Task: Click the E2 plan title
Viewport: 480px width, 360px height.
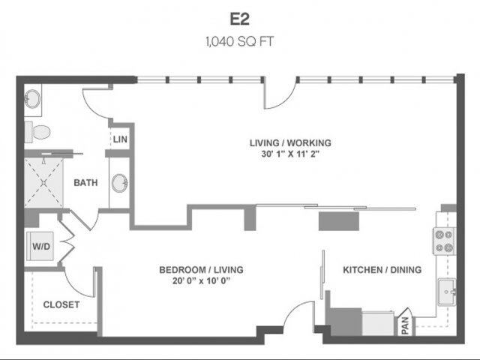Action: click(x=240, y=19)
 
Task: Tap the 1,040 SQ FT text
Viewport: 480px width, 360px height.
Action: click(x=240, y=41)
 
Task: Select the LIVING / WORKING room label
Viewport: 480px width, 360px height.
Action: click(x=290, y=143)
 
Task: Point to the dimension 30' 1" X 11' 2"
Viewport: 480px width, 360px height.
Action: click(x=290, y=154)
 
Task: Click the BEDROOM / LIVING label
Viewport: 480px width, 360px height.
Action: click(x=201, y=270)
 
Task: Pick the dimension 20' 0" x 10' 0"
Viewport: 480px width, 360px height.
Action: click(x=201, y=280)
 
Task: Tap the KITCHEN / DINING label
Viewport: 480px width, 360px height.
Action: click(x=382, y=270)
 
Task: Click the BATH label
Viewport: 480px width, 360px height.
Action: click(x=85, y=183)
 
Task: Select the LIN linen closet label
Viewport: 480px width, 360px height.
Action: click(x=120, y=139)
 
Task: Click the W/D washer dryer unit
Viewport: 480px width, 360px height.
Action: click(x=40, y=246)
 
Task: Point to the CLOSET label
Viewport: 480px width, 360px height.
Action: click(x=61, y=304)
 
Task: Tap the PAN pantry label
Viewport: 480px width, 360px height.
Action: click(x=405, y=325)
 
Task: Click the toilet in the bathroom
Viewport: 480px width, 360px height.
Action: click(x=37, y=132)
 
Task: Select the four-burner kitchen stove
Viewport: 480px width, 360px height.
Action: click(x=444, y=241)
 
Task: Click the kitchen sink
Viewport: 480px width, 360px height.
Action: click(x=447, y=292)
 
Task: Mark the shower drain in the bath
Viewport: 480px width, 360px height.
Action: click(x=43, y=183)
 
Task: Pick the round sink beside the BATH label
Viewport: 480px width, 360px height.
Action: click(x=120, y=183)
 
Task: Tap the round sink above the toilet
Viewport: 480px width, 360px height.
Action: click(x=32, y=99)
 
